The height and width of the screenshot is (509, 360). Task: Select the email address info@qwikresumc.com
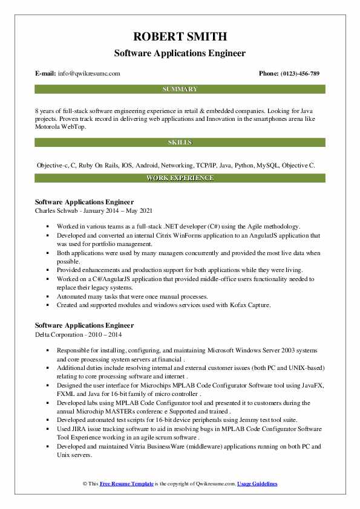coord(90,74)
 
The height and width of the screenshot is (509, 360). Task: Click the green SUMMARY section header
coord(180,89)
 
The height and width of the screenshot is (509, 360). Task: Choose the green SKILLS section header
coord(180,143)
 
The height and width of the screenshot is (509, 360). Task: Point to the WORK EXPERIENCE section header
coord(180,178)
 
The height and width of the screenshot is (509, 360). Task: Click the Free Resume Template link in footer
coord(127,484)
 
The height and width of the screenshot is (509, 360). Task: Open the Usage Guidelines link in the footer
coord(257,484)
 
